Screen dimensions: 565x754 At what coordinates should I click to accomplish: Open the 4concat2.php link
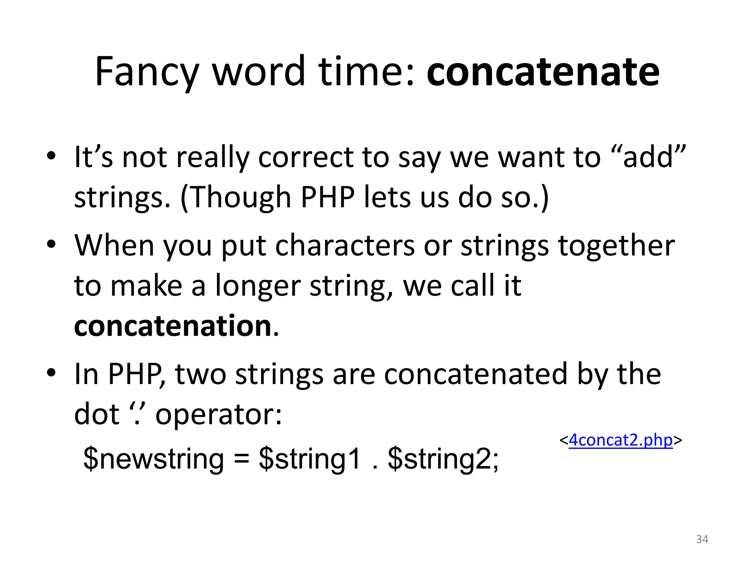point(621,440)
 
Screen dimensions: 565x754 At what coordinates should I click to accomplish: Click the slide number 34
point(702,539)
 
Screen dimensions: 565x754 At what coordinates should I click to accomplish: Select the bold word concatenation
point(173,326)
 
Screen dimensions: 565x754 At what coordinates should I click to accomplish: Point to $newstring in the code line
point(154,459)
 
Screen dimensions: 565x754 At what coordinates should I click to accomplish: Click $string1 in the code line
point(310,459)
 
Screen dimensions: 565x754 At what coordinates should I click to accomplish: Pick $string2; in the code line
point(443,459)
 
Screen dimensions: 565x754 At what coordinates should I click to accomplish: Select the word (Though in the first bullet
point(236,198)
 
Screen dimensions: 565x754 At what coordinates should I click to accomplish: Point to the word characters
point(345,245)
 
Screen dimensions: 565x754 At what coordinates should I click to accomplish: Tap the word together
point(616,245)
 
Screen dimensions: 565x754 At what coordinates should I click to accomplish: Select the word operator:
point(219,415)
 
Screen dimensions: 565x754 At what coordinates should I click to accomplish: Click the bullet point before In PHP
point(51,373)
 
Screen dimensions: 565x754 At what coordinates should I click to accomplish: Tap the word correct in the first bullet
point(305,157)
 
